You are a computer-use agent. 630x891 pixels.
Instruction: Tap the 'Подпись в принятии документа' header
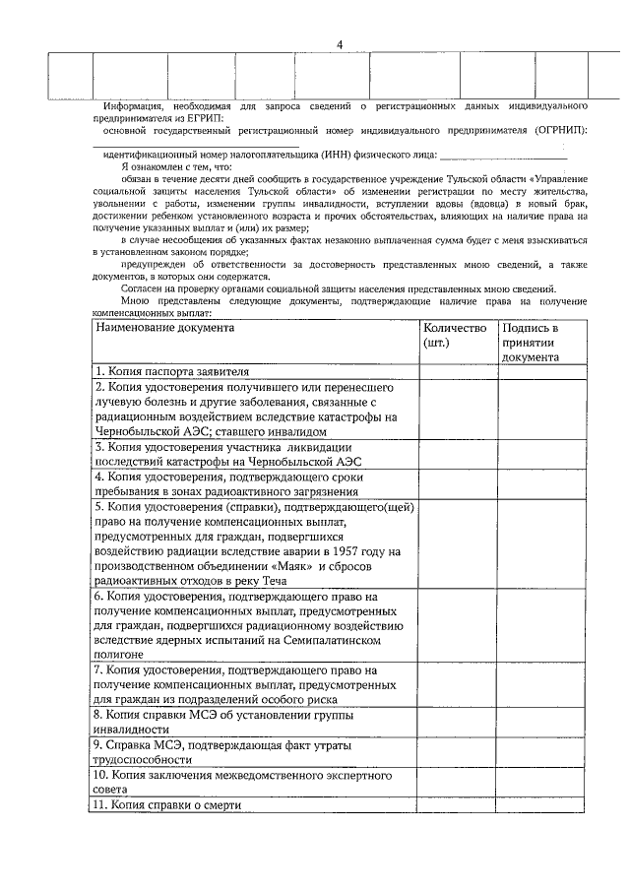pyautogui.click(x=531, y=342)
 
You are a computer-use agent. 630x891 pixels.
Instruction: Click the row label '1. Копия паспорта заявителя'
pyautogui.click(x=171, y=371)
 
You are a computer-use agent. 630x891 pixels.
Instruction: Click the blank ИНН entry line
pyautogui.click(x=503, y=155)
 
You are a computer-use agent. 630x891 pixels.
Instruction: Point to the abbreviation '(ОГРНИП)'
pyautogui.click(x=557, y=129)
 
